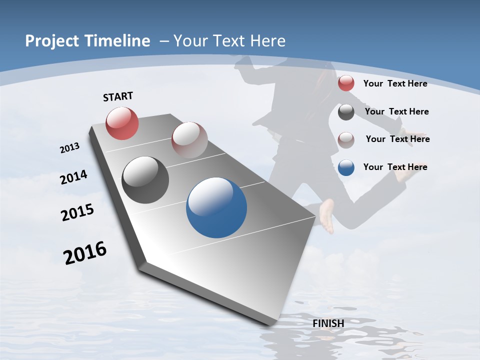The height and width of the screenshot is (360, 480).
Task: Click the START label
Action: (118, 96)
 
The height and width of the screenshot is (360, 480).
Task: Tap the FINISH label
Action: (328, 323)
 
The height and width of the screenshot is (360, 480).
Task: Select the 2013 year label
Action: (69, 148)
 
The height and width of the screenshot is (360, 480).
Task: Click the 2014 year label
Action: (73, 177)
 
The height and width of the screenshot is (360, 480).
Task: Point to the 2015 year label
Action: (77, 212)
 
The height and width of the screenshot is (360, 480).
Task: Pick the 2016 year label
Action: (85, 253)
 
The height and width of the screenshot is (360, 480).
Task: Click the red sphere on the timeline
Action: (122, 123)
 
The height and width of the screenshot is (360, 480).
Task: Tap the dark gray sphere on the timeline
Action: (145, 180)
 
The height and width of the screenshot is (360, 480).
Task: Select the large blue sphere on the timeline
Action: (216, 207)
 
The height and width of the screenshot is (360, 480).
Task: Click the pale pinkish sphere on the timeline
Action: (189, 139)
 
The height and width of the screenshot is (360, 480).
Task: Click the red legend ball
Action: (346, 83)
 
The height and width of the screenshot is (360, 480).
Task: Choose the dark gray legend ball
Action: (346, 112)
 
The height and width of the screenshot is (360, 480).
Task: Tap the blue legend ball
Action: (346, 167)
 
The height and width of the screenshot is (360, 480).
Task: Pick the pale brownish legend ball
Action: (346, 139)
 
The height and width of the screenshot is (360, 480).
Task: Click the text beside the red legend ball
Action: (395, 83)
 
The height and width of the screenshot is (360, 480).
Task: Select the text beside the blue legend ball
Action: (395, 167)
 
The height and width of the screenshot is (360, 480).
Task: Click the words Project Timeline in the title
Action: (87, 41)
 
